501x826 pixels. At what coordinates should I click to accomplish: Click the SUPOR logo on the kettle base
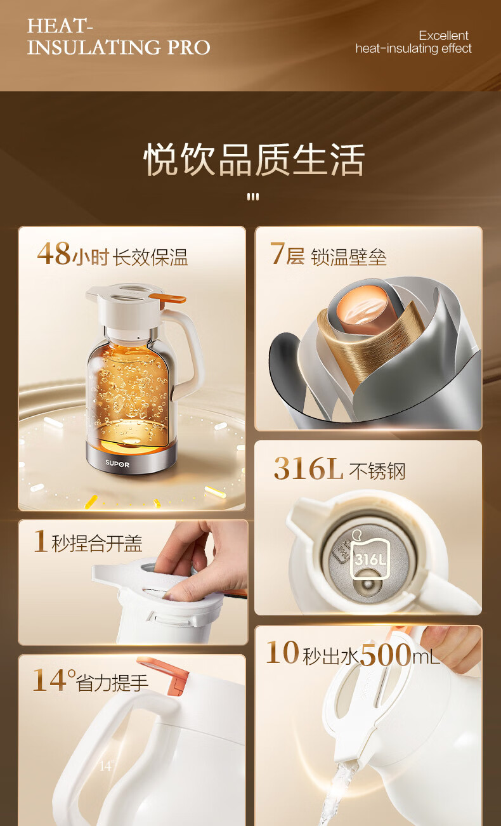click(117, 464)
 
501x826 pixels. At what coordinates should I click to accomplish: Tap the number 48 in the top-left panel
click(54, 253)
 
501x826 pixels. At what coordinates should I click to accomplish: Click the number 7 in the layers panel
click(277, 253)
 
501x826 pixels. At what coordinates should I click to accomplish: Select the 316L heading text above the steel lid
click(308, 468)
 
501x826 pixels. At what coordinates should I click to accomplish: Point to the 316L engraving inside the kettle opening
click(370, 560)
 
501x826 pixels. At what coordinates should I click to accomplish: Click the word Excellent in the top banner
click(443, 36)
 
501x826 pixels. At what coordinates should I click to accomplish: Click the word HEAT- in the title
click(60, 26)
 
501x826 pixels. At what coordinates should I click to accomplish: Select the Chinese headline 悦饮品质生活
click(254, 160)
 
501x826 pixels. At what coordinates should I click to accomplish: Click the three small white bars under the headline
click(253, 197)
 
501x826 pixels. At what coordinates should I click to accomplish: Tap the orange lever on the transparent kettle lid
click(168, 298)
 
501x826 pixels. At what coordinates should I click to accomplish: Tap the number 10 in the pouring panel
click(283, 652)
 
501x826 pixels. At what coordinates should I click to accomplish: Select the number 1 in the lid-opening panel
click(41, 541)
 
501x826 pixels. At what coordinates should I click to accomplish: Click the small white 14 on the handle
click(105, 766)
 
